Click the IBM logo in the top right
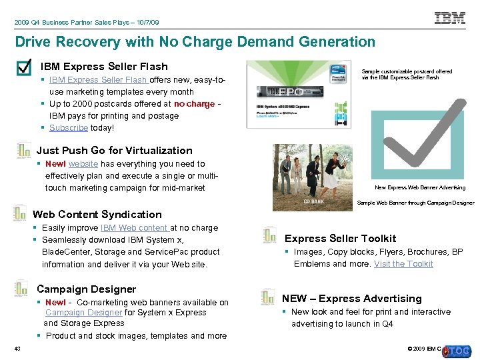coord(450,18)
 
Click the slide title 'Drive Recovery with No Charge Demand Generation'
coord(195,42)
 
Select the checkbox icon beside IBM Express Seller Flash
coord(24,68)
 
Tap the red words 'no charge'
coord(194,104)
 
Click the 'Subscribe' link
coord(68,128)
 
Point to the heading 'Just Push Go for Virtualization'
coord(114,151)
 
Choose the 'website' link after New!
coord(83,164)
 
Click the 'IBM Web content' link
coord(134,228)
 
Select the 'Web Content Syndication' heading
coord(97,215)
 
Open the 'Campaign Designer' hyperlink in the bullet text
coord(83,313)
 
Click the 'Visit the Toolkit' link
coord(403,264)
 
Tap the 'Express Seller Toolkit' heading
coord(340,239)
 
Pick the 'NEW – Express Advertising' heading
coord(351,299)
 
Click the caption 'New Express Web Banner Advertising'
coord(420,188)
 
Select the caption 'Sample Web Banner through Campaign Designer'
coord(415,203)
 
